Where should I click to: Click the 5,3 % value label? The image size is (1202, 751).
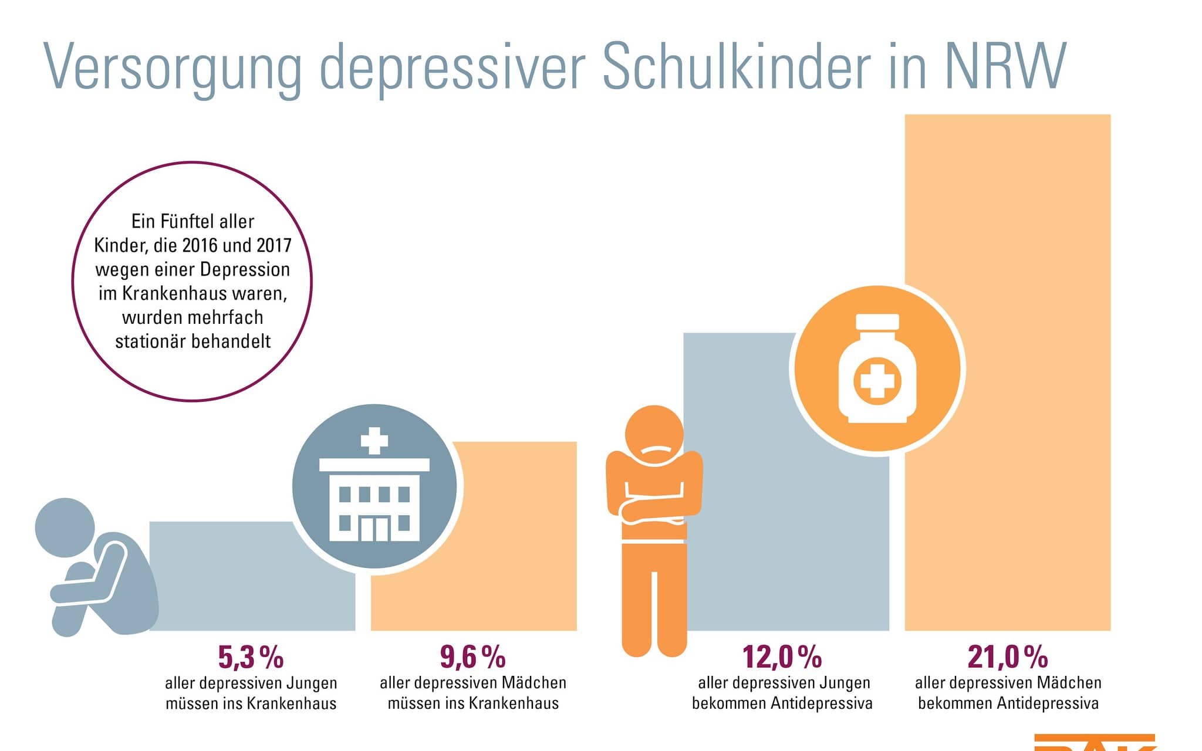tap(251, 657)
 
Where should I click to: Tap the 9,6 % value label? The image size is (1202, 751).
tap(472, 657)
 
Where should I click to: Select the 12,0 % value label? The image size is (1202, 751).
tap(782, 657)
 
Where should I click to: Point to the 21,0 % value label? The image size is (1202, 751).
tap(1007, 657)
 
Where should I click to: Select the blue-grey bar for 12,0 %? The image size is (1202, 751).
tap(740, 528)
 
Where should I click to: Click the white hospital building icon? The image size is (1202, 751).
tap(374, 499)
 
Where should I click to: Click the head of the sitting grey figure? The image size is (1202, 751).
tap(65, 527)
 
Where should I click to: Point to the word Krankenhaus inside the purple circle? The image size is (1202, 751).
tap(173, 293)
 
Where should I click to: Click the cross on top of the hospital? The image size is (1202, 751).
tap(374, 441)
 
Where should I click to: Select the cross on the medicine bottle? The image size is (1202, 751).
tap(877, 381)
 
